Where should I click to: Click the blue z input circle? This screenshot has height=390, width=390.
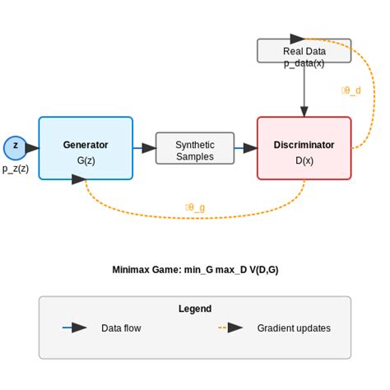point(15,148)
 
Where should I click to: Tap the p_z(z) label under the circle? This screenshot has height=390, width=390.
point(16,169)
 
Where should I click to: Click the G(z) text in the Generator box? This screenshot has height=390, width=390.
point(86,160)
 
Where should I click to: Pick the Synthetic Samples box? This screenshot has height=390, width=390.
point(195,148)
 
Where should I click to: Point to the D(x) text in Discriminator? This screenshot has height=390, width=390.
point(304,160)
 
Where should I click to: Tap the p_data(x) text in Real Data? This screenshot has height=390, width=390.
point(304,63)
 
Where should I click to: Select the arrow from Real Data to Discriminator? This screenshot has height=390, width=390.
point(304,91)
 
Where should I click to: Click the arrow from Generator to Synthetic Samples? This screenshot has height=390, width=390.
point(145,148)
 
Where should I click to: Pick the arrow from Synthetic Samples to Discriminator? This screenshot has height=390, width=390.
point(246,148)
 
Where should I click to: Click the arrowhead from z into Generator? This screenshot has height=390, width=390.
point(33,148)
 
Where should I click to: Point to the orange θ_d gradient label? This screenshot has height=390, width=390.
point(351,91)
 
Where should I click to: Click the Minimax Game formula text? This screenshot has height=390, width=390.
point(195,269)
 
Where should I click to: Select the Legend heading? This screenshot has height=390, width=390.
point(195,309)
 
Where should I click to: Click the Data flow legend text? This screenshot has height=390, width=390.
point(121,328)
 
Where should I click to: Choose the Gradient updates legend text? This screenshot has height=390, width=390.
point(294,328)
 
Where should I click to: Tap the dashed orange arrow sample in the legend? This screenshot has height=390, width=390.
point(231,327)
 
